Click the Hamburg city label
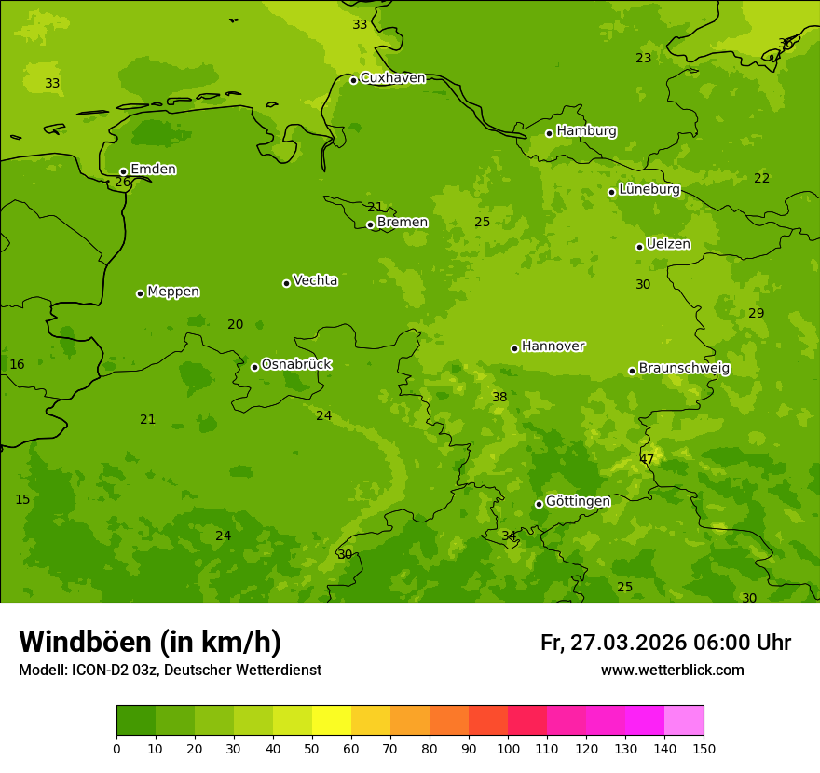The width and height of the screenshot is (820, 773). pos(586,131)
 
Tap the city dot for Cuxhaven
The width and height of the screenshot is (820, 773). pos(353,80)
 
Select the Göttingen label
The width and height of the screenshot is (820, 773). pos(578,501)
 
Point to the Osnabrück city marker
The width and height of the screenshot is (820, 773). pos(254,367)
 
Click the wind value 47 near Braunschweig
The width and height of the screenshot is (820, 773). pos(647,459)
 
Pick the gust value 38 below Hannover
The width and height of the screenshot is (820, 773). pos(499,397)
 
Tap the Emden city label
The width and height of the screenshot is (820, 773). pos(153,170)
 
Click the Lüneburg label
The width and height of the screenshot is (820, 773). pos(649,189)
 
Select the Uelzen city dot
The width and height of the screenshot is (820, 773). pos(639,247)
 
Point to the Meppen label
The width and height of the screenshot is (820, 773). pos(173,292)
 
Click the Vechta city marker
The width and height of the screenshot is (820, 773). pos(286,283)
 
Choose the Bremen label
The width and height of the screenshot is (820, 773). pos(402,223)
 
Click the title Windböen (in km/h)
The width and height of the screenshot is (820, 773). pos(150,642)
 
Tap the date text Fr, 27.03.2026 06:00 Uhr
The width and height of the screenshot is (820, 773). pos(665,643)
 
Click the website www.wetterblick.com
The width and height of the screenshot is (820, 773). pos(672,671)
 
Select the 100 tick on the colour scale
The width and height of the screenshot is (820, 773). pos(508,748)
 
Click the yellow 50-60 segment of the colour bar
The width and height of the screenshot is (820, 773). pos(332,721)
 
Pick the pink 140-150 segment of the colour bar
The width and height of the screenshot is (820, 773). pos(684,721)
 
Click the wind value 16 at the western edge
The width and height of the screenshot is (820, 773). pos(17,364)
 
